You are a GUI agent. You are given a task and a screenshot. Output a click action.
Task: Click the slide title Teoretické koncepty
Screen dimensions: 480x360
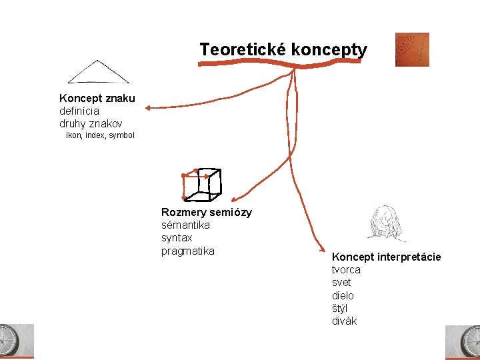tap(283, 49)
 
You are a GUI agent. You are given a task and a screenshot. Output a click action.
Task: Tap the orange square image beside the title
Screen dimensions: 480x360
tap(411, 49)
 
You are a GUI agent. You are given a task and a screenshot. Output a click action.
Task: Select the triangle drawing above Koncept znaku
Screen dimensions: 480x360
tap(99, 72)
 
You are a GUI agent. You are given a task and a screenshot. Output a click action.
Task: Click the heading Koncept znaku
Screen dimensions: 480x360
tap(97, 99)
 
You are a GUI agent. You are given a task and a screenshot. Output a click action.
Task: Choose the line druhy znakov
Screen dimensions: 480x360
tap(90, 124)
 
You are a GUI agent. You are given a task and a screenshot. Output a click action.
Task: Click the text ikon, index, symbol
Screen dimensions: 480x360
tap(100, 135)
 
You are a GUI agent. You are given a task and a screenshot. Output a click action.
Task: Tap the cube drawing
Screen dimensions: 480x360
tap(201, 184)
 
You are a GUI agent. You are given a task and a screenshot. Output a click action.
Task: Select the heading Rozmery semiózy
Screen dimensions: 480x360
tap(207, 213)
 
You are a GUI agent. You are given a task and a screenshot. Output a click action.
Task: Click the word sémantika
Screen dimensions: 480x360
tap(185, 225)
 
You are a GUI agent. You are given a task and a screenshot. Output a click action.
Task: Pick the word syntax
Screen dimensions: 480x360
tap(177, 238)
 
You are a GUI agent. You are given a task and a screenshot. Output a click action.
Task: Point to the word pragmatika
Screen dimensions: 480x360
tap(188, 251)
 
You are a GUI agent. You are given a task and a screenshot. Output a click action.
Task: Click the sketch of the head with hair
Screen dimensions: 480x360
tap(386, 223)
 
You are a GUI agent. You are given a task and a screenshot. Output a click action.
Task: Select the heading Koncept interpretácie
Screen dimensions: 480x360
tap(386, 257)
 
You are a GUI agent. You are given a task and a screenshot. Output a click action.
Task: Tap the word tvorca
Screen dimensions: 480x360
tap(346, 270)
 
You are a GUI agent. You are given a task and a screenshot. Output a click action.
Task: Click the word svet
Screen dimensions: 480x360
tap(341, 283)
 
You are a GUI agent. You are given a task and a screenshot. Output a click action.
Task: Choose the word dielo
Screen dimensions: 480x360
tap(343, 295)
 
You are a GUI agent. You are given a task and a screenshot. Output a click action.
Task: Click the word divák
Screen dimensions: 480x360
tap(344, 321)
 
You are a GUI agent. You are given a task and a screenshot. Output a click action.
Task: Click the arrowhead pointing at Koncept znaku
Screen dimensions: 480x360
tap(148, 107)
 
